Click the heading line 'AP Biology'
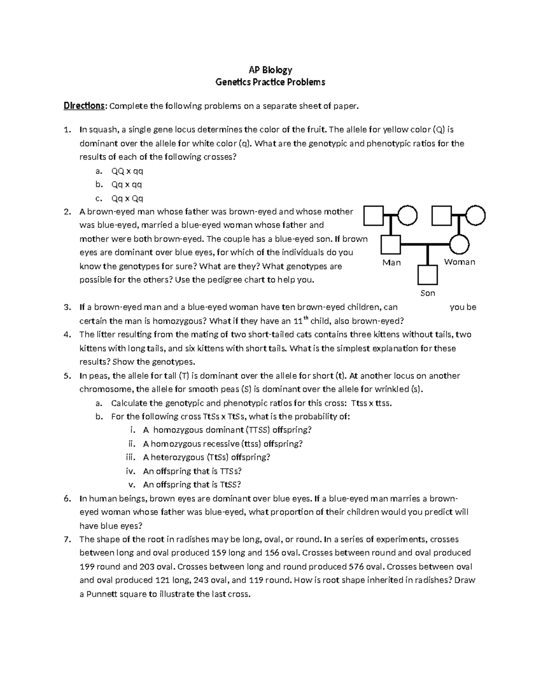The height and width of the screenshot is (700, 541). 270,70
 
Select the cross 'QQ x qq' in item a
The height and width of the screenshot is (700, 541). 127,171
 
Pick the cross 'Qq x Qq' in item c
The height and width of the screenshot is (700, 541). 127,198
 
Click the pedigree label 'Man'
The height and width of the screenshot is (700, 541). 391,263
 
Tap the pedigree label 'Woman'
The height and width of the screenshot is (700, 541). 459,262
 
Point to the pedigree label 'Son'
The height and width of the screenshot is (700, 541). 427,293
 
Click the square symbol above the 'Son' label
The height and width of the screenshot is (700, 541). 427,275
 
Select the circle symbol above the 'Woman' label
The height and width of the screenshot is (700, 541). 460,245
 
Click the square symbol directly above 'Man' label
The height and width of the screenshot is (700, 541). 391,245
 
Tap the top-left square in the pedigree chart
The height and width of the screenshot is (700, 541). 374,215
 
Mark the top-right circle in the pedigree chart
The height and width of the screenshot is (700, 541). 476,215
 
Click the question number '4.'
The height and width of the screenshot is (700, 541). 67,334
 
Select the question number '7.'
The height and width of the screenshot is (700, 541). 67,539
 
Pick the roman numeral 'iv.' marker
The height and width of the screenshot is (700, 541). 130,471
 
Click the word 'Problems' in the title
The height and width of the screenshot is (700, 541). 304,82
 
